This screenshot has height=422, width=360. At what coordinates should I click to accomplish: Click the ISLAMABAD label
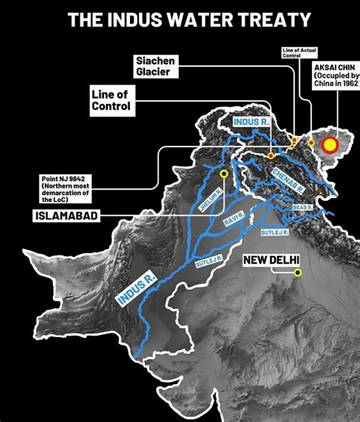click(64, 216)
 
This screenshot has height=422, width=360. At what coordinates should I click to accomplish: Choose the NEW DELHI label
click(270, 261)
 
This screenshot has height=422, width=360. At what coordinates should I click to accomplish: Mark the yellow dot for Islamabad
click(224, 174)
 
